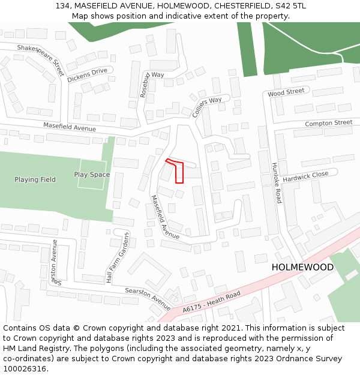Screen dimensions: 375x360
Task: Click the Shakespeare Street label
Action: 40,59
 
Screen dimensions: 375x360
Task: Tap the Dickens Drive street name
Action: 87,75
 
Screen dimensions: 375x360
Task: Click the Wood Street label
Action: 286,92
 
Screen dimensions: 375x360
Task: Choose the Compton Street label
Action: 328,123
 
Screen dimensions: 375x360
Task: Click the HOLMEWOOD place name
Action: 302,267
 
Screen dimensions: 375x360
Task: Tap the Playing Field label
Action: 35,179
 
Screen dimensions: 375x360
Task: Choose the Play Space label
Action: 92,175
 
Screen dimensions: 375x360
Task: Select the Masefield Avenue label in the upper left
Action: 70,128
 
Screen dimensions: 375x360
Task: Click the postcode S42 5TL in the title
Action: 290,6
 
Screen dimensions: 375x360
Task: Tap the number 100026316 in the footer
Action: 25,368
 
